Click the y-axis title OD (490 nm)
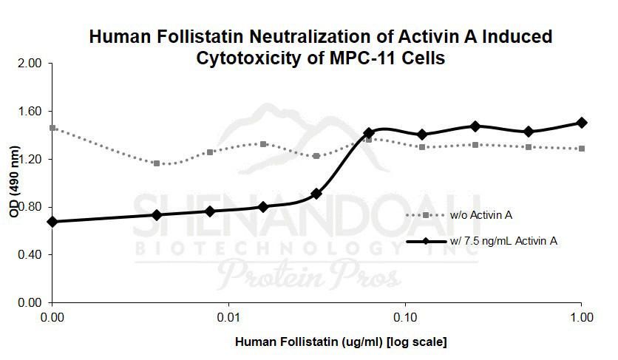[13, 182]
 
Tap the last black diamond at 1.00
[582, 123]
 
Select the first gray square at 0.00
[52, 128]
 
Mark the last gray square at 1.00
[582, 149]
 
